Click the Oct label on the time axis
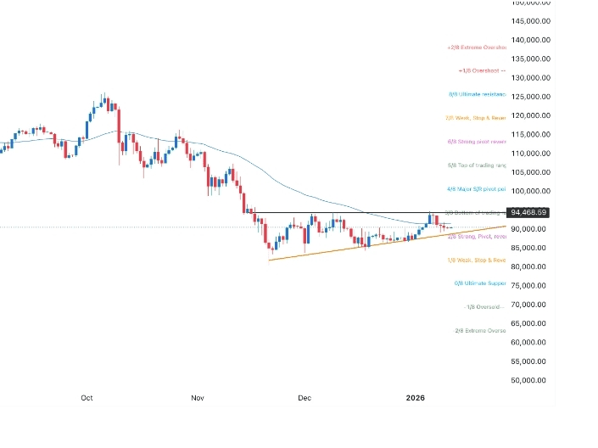(87, 397)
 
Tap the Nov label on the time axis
(198, 397)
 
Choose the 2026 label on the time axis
(415, 397)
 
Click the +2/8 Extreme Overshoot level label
(476, 48)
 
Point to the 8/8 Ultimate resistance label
(477, 94)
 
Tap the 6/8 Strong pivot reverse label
(476, 142)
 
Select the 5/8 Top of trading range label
(476, 165)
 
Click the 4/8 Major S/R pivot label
(476, 189)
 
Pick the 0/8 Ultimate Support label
(480, 283)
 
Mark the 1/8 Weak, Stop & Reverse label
(476, 260)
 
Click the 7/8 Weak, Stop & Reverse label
(475, 118)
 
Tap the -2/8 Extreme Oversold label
(480, 330)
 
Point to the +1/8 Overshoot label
(481, 70)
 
